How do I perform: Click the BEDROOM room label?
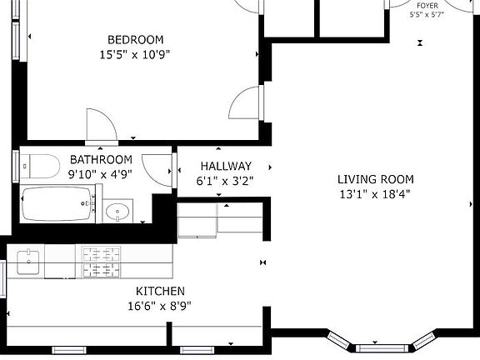[x=135, y=39]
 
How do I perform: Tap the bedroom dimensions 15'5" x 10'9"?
[x=135, y=55]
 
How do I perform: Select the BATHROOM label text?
[x=101, y=159]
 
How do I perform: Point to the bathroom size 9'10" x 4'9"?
[x=101, y=175]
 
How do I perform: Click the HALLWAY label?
[x=225, y=166]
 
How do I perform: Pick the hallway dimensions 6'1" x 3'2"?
[x=225, y=180]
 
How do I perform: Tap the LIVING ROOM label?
[x=375, y=179]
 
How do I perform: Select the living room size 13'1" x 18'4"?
[x=375, y=194]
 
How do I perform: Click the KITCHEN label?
[x=161, y=291]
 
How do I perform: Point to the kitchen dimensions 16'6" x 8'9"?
[x=161, y=306]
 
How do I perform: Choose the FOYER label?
[x=427, y=5]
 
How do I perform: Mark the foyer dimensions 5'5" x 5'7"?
[x=427, y=15]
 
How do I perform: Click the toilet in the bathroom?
[x=38, y=164]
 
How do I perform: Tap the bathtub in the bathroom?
[x=57, y=205]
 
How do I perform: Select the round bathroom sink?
[x=119, y=212]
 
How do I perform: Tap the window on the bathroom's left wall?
[x=15, y=165]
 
